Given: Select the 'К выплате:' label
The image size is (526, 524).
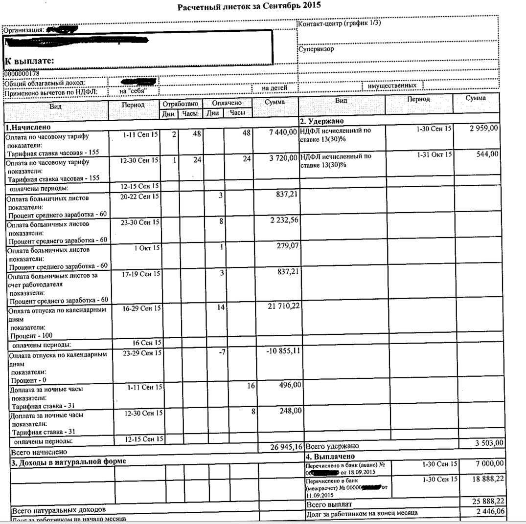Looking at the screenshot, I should (x=29, y=61).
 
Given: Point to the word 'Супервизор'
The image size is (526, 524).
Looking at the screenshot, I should (x=316, y=49).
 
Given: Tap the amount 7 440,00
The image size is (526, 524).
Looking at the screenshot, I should (x=279, y=133).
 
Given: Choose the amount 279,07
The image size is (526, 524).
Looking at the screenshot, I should (x=288, y=245).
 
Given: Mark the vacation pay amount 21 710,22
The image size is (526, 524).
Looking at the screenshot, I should (x=281, y=306).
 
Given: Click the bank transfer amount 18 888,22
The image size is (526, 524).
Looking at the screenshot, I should (x=484, y=480).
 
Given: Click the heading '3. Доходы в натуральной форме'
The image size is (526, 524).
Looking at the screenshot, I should (x=69, y=461).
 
